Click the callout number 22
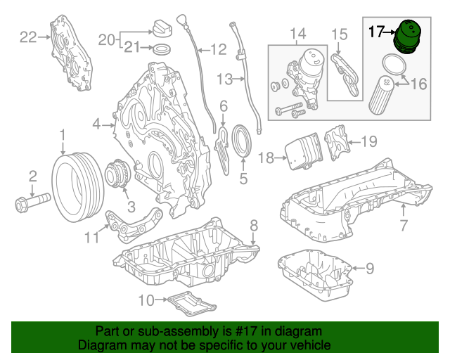(27, 37)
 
